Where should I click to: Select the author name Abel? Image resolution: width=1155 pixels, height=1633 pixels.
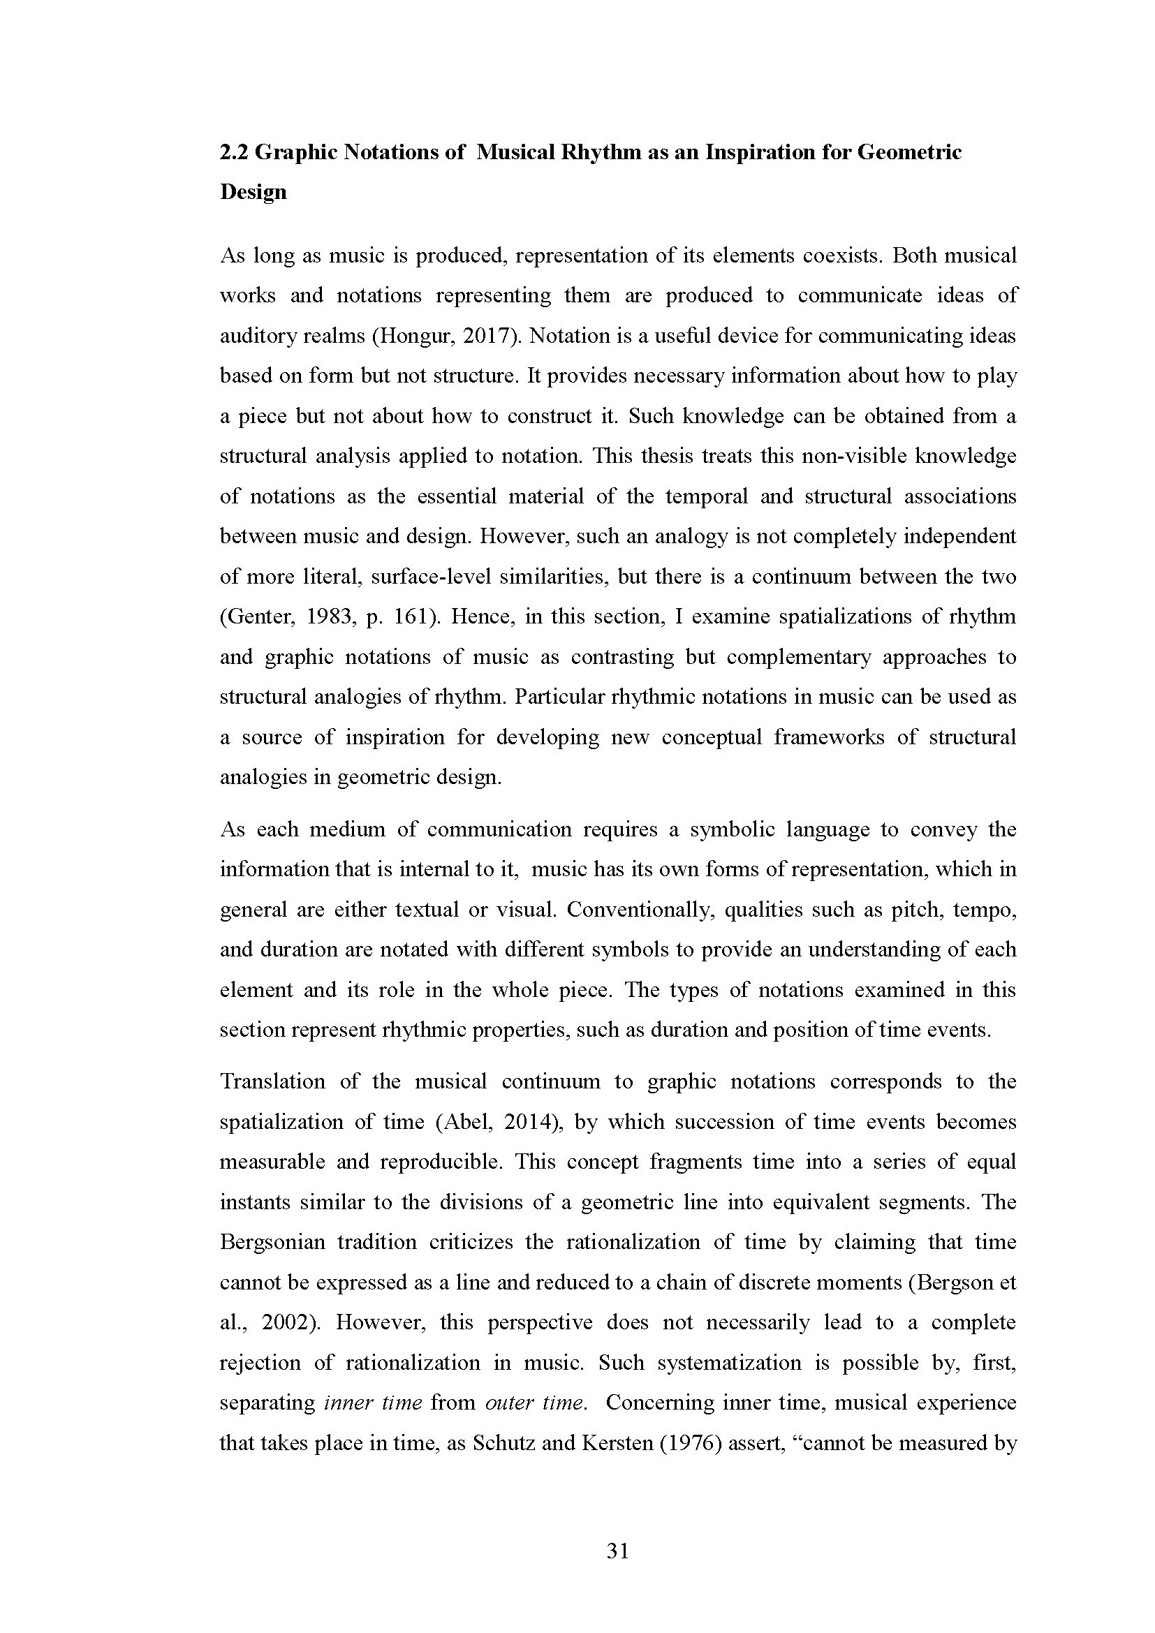point(464,1123)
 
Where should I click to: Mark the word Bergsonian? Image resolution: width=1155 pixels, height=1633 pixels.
point(272,1243)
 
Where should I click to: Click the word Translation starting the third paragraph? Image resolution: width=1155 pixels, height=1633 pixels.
point(273,1081)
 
